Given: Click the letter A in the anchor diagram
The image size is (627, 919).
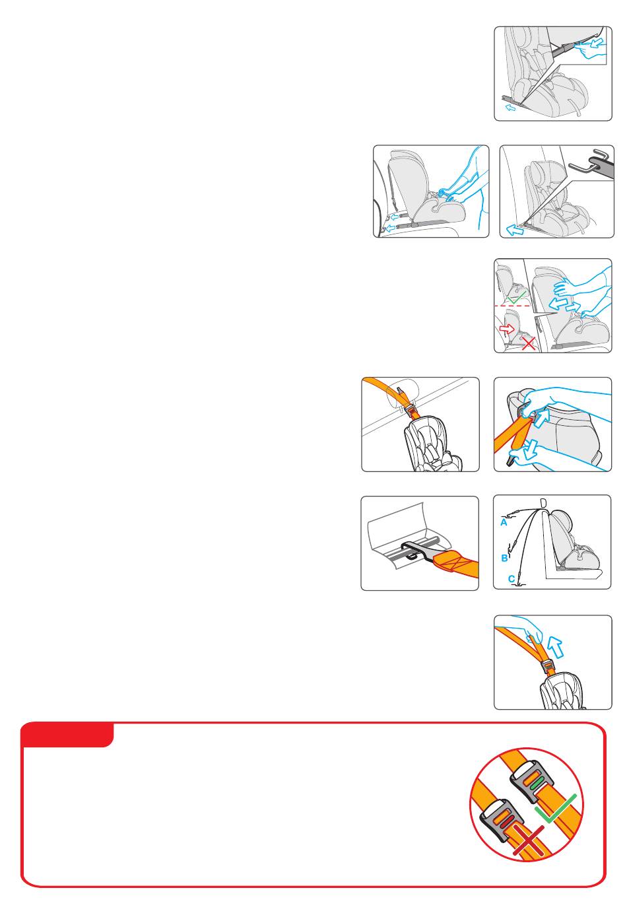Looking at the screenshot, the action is click(x=504, y=522).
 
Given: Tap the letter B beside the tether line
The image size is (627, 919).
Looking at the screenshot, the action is click(x=505, y=558).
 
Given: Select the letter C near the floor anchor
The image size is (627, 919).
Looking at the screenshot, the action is click(x=511, y=579).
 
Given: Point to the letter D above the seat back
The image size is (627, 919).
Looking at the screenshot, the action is click(x=543, y=503).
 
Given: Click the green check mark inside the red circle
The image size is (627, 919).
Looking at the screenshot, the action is click(x=556, y=808).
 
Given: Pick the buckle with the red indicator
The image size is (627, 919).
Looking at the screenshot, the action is click(x=500, y=820).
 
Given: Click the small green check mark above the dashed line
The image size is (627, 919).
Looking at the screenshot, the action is click(x=517, y=297).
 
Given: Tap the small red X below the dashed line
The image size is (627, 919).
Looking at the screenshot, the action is click(x=529, y=343).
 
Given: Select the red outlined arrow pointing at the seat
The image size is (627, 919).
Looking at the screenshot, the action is click(x=507, y=329).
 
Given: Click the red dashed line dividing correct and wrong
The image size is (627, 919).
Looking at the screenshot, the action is click(x=513, y=306).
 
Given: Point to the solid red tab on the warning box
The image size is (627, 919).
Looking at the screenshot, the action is click(x=67, y=736).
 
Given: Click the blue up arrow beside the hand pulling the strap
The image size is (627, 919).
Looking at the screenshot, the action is click(x=555, y=646).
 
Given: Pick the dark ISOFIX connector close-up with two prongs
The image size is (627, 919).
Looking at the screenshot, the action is click(x=592, y=164).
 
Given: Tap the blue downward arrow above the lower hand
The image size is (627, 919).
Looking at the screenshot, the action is click(x=531, y=448).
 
